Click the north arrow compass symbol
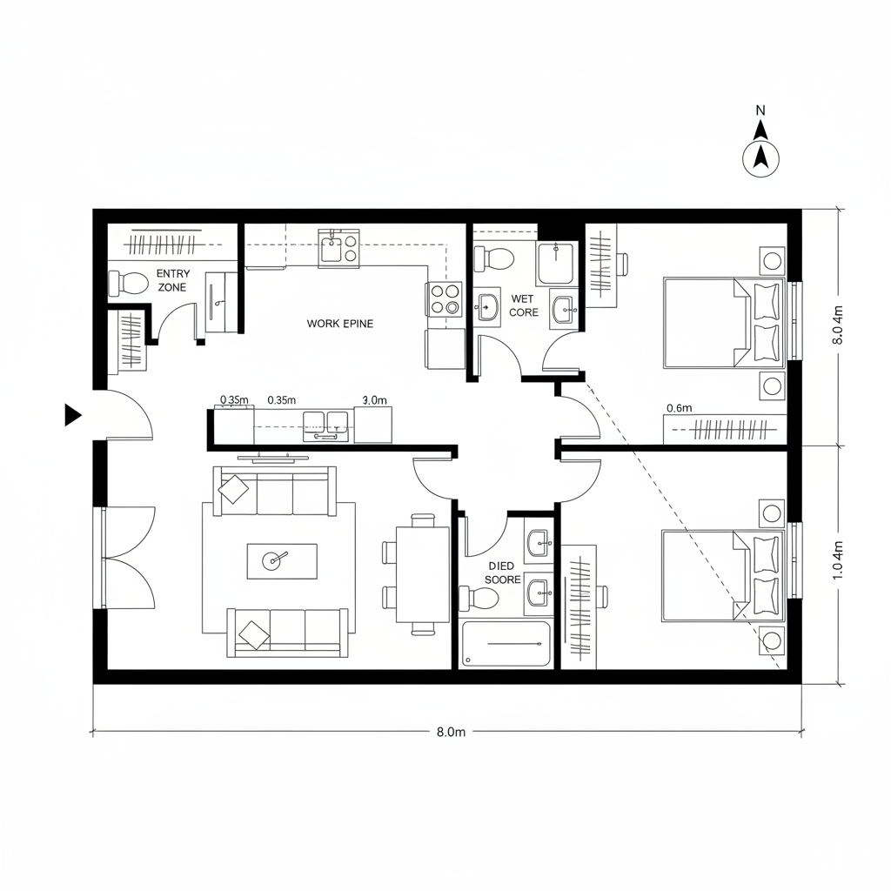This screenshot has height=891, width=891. pyautogui.click(x=760, y=157)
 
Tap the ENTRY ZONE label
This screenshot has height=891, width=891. pyautogui.click(x=172, y=280)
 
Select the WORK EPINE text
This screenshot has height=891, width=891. pyautogui.click(x=339, y=324)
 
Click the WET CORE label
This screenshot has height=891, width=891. pyautogui.click(x=524, y=305)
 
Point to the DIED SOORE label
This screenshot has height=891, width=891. pyautogui.click(x=502, y=573)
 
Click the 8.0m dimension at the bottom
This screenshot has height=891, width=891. pyautogui.click(x=451, y=732)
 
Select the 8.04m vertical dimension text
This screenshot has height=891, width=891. pyautogui.click(x=838, y=325)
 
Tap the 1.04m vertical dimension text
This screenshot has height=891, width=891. pyautogui.click(x=838, y=560)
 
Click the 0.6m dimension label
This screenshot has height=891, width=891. pyautogui.click(x=679, y=407)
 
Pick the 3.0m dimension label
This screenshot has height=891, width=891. pyautogui.click(x=373, y=400)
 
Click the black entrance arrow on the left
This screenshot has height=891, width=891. pyautogui.click(x=73, y=416)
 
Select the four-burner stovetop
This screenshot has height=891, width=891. pyautogui.click(x=445, y=299)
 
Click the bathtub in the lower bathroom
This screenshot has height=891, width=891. pyautogui.click(x=506, y=645)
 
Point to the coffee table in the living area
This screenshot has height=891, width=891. pyautogui.click(x=282, y=560)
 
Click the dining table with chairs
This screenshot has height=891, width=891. pyautogui.click(x=422, y=573)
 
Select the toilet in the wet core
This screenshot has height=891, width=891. pyautogui.click(x=492, y=258)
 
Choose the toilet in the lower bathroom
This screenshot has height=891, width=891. pyautogui.click(x=480, y=598)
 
